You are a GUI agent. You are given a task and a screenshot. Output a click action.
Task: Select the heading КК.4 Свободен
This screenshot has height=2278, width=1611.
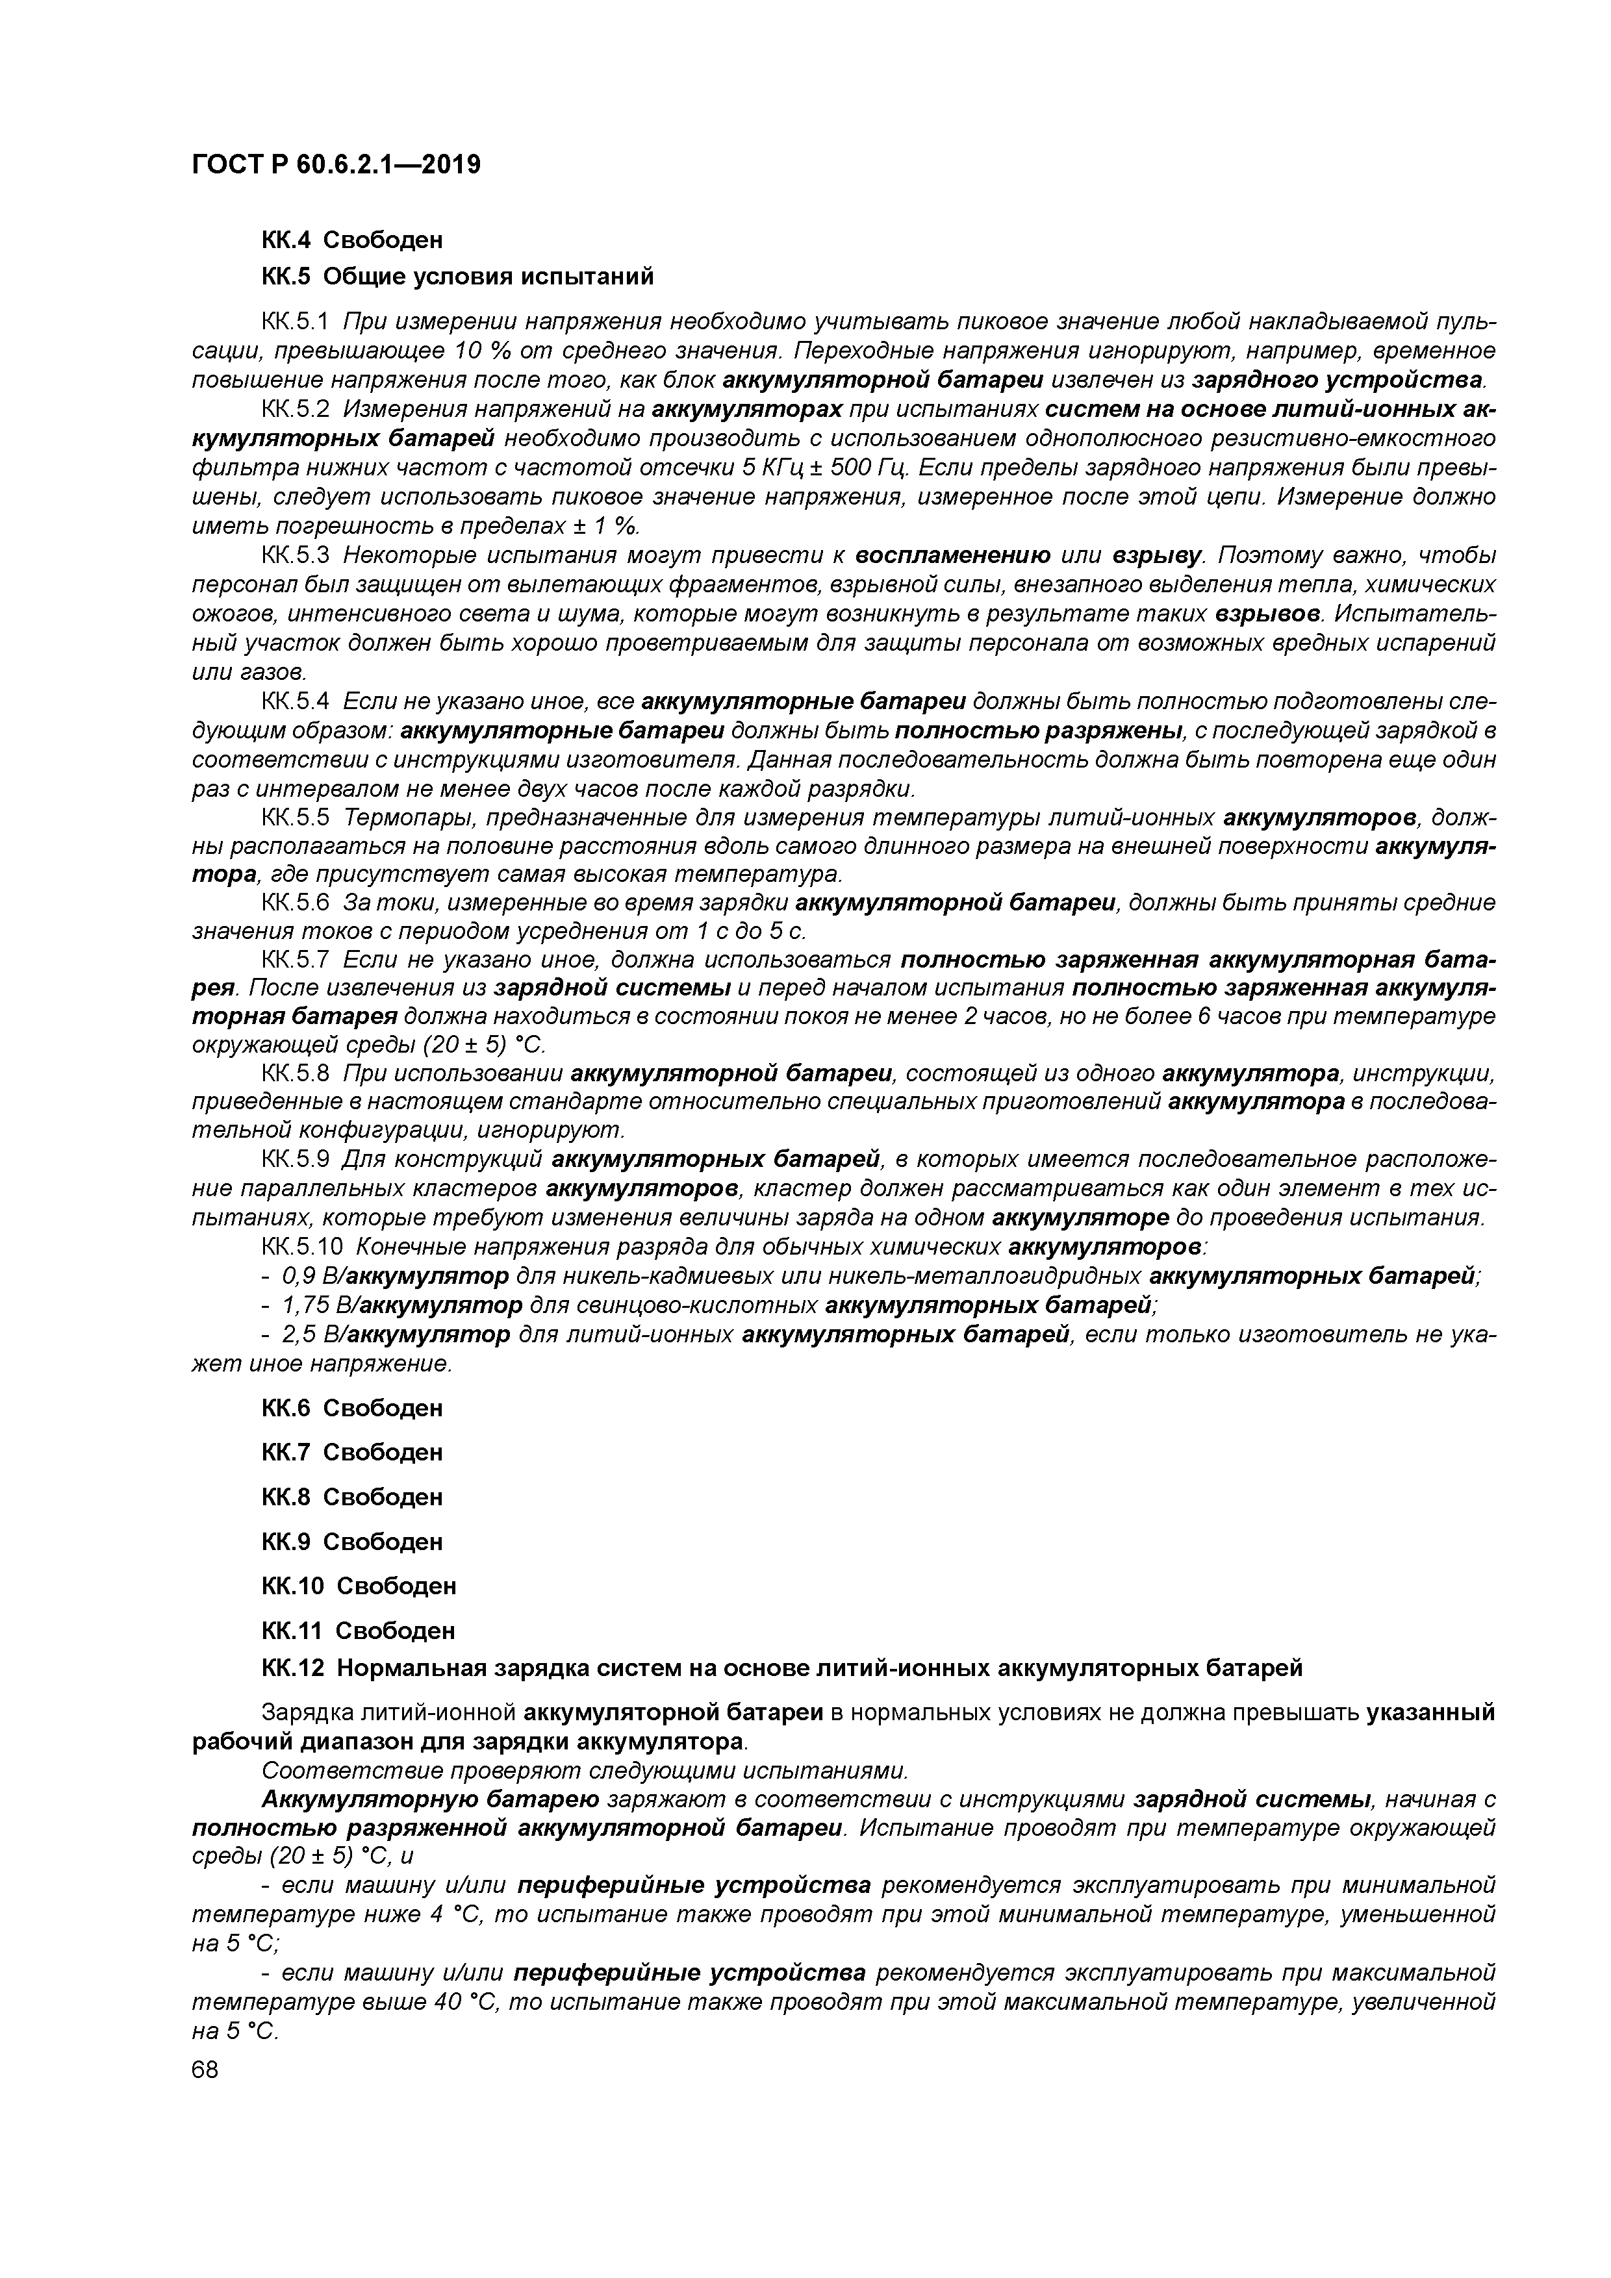[351, 240]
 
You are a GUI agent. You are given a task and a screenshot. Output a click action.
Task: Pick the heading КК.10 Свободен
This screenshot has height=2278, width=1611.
[359, 1586]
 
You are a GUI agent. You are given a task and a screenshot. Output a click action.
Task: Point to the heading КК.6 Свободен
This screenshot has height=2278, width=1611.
[351, 1408]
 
